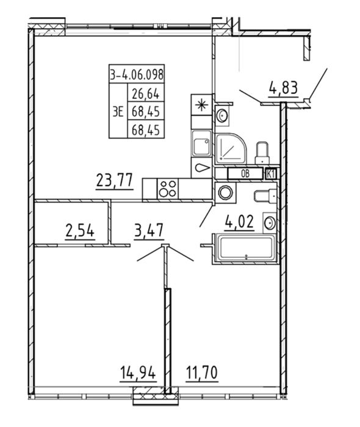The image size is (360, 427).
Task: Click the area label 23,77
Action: (114, 181)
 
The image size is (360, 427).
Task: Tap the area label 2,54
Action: (80, 231)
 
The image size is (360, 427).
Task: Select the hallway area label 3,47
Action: (149, 230)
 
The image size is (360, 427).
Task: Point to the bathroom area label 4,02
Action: (239, 222)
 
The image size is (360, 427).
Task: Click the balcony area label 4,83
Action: (283, 88)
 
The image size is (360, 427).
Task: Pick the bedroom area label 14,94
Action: (138, 373)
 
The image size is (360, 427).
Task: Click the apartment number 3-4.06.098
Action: (137, 74)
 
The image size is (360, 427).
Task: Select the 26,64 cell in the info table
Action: (146, 94)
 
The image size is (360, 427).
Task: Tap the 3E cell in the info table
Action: (118, 112)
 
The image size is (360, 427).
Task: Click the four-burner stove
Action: (168, 188)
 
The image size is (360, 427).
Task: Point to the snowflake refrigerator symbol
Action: (201, 105)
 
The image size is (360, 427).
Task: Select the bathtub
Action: (247, 248)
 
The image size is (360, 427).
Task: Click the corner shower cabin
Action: (231, 148)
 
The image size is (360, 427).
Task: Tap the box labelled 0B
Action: (245, 174)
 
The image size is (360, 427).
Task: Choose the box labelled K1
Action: (272, 174)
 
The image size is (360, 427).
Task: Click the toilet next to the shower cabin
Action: (262, 152)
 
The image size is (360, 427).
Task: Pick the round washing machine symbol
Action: (226, 193)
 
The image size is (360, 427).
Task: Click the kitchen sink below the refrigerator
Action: (201, 143)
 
